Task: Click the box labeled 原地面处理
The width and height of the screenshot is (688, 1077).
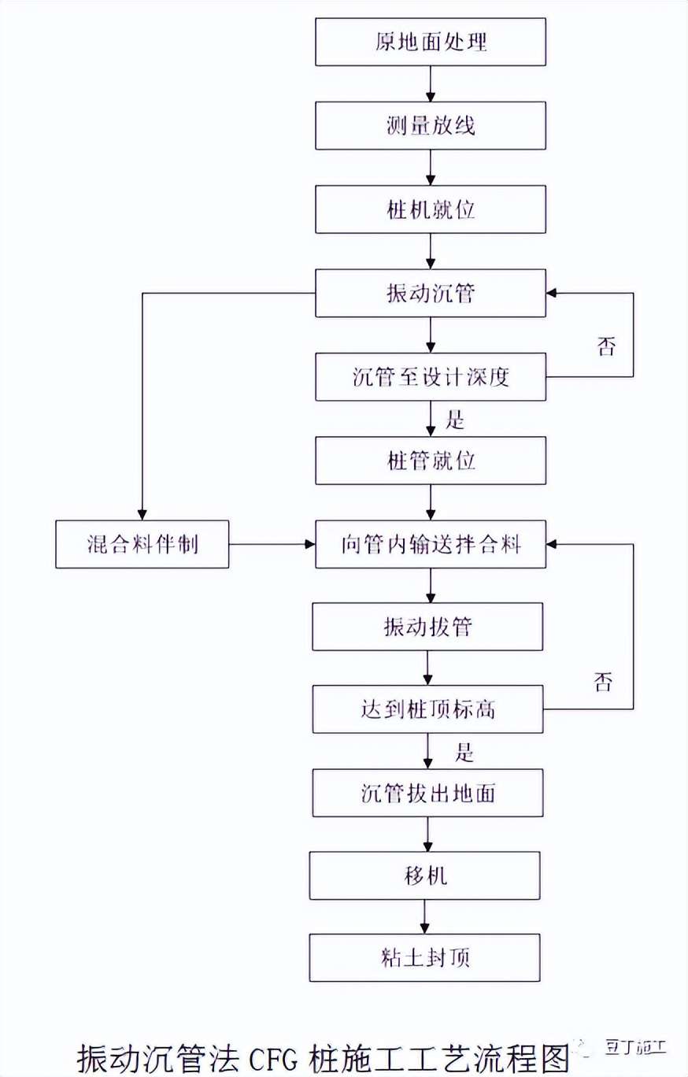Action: tap(430, 42)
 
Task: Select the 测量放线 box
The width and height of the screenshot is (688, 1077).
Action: tap(430, 126)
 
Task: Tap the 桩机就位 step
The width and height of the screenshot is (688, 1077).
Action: tap(430, 209)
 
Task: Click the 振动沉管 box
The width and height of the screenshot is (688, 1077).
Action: tap(430, 293)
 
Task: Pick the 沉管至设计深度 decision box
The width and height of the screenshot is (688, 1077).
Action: tap(430, 377)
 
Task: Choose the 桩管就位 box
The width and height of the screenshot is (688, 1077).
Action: tap(430, 461)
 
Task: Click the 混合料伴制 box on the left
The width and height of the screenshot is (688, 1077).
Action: tap(142, 544)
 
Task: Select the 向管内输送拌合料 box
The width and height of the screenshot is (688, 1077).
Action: tap(430, 544)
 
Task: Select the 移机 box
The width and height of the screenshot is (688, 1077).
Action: tap(424, 875)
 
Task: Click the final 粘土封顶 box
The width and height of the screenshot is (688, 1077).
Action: tap(424, 957)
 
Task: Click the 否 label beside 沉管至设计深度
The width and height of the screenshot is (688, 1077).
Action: tap(605, 347)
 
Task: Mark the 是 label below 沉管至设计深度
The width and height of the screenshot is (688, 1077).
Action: tap(457, 420)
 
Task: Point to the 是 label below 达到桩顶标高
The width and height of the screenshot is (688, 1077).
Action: tap(464, 753)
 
